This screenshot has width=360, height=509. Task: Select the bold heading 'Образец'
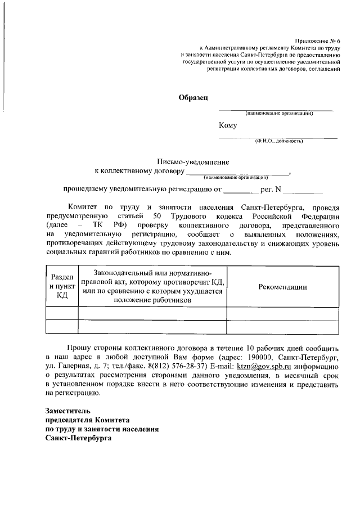tap(193, 97)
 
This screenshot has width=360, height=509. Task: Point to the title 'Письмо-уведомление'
tap(188, 161)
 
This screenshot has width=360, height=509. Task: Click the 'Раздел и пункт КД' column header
tap(61, 286)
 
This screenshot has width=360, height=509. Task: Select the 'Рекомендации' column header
tap(282, 286)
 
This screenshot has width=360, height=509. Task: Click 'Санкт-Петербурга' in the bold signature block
tap(79, 439)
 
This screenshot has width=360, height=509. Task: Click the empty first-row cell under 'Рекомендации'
tap(282, 313)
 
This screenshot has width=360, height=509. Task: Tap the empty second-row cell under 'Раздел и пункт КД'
tap(61, 327)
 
